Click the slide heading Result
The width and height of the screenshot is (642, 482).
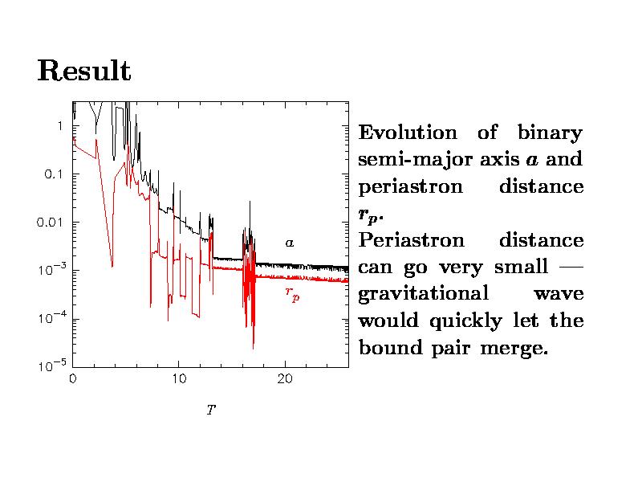point(83,71)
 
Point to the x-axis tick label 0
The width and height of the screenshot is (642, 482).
point(73,378)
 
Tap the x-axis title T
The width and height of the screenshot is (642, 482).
point(210,411)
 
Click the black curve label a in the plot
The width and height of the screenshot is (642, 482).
point(291,242)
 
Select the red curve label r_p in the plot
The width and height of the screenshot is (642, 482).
point(292,294)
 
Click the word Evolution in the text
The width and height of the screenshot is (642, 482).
point(408,133)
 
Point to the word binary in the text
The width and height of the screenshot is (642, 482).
point(550,133)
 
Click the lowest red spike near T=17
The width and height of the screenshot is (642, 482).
point(254,347)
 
